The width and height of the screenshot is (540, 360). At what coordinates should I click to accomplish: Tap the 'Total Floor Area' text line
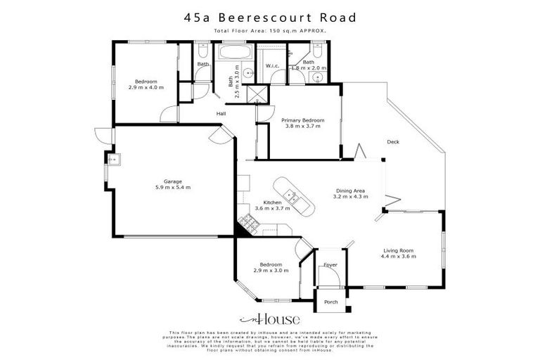click(270, 32)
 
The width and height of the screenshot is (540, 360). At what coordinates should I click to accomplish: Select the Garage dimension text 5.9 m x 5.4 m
click(173, 188)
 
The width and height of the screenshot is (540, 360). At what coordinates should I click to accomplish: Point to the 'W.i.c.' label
click(273, 66)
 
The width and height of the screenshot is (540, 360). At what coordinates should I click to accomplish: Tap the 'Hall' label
click(221, 113)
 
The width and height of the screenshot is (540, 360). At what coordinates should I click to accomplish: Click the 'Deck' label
click(393, 142)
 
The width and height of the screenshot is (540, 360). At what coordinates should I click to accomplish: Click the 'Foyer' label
click(330, 265)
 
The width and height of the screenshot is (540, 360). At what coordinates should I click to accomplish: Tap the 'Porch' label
click(330, 302)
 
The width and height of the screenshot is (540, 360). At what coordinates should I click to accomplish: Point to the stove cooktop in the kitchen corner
click(247, 224)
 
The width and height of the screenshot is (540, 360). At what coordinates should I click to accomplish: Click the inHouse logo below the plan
click(270, 318)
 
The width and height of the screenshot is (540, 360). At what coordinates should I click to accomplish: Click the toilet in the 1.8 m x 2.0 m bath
click(317, 53)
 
